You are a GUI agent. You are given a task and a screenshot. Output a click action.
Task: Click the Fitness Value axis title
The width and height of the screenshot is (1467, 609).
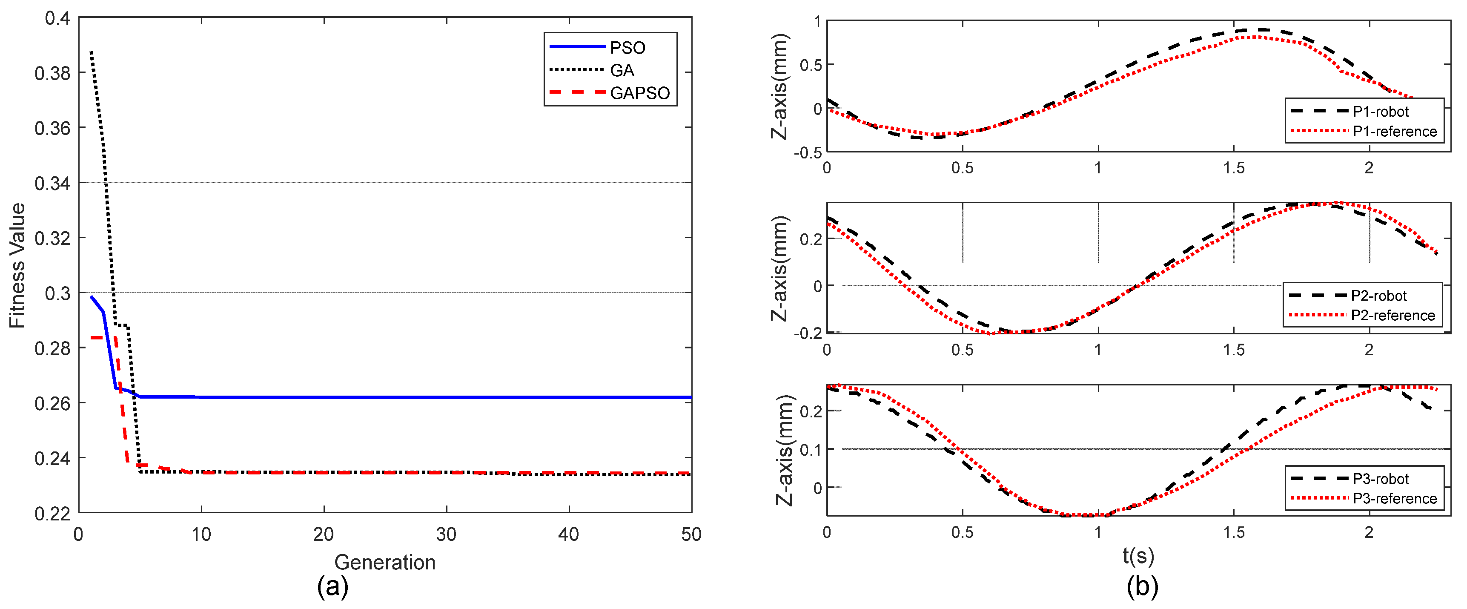click(x=17, y=265)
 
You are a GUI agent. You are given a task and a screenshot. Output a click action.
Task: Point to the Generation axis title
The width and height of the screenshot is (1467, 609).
click(x=384, y=562)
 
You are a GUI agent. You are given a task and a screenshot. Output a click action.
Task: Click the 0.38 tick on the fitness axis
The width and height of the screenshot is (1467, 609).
click(x=52, y=73)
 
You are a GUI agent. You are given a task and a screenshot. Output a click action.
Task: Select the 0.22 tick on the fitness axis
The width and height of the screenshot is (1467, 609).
click(x=52, y=513)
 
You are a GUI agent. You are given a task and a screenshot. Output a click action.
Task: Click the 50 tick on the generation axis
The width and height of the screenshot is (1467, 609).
click(x=691, y=534)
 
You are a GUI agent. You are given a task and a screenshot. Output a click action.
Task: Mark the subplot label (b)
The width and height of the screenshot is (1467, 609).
click(x=1142, y=586)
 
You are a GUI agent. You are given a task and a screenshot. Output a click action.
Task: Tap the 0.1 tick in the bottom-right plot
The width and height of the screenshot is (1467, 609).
click(x=811, y=449)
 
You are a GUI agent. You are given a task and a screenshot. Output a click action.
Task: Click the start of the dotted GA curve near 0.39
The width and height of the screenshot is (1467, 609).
click(x=91, y=52)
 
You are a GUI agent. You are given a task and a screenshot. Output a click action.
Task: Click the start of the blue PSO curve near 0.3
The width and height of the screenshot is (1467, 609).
click(x=91, y=296)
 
